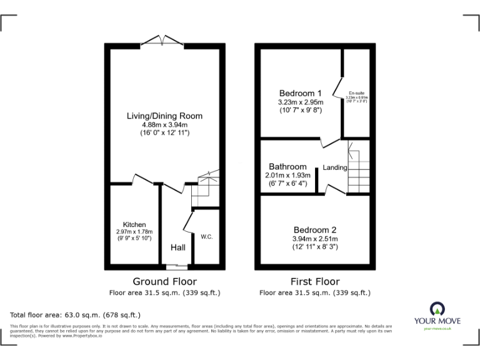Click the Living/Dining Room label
coord(164,116)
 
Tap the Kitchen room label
coord(134,224)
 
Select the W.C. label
coord(207,237)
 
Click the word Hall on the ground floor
coord(178,248)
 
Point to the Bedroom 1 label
coord(301,92)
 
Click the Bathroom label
coord(287,167)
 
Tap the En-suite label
coord(357,93)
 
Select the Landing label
coord(335,167)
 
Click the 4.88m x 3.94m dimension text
coord(164,124)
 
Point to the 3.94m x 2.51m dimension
coord(316,239)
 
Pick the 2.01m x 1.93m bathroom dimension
coord(287,176)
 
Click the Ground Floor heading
coord(164,282)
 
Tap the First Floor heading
coord(315,282)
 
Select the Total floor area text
coord(76,315)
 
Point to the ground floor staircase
coord(204,187)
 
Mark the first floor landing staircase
coord(359,169)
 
